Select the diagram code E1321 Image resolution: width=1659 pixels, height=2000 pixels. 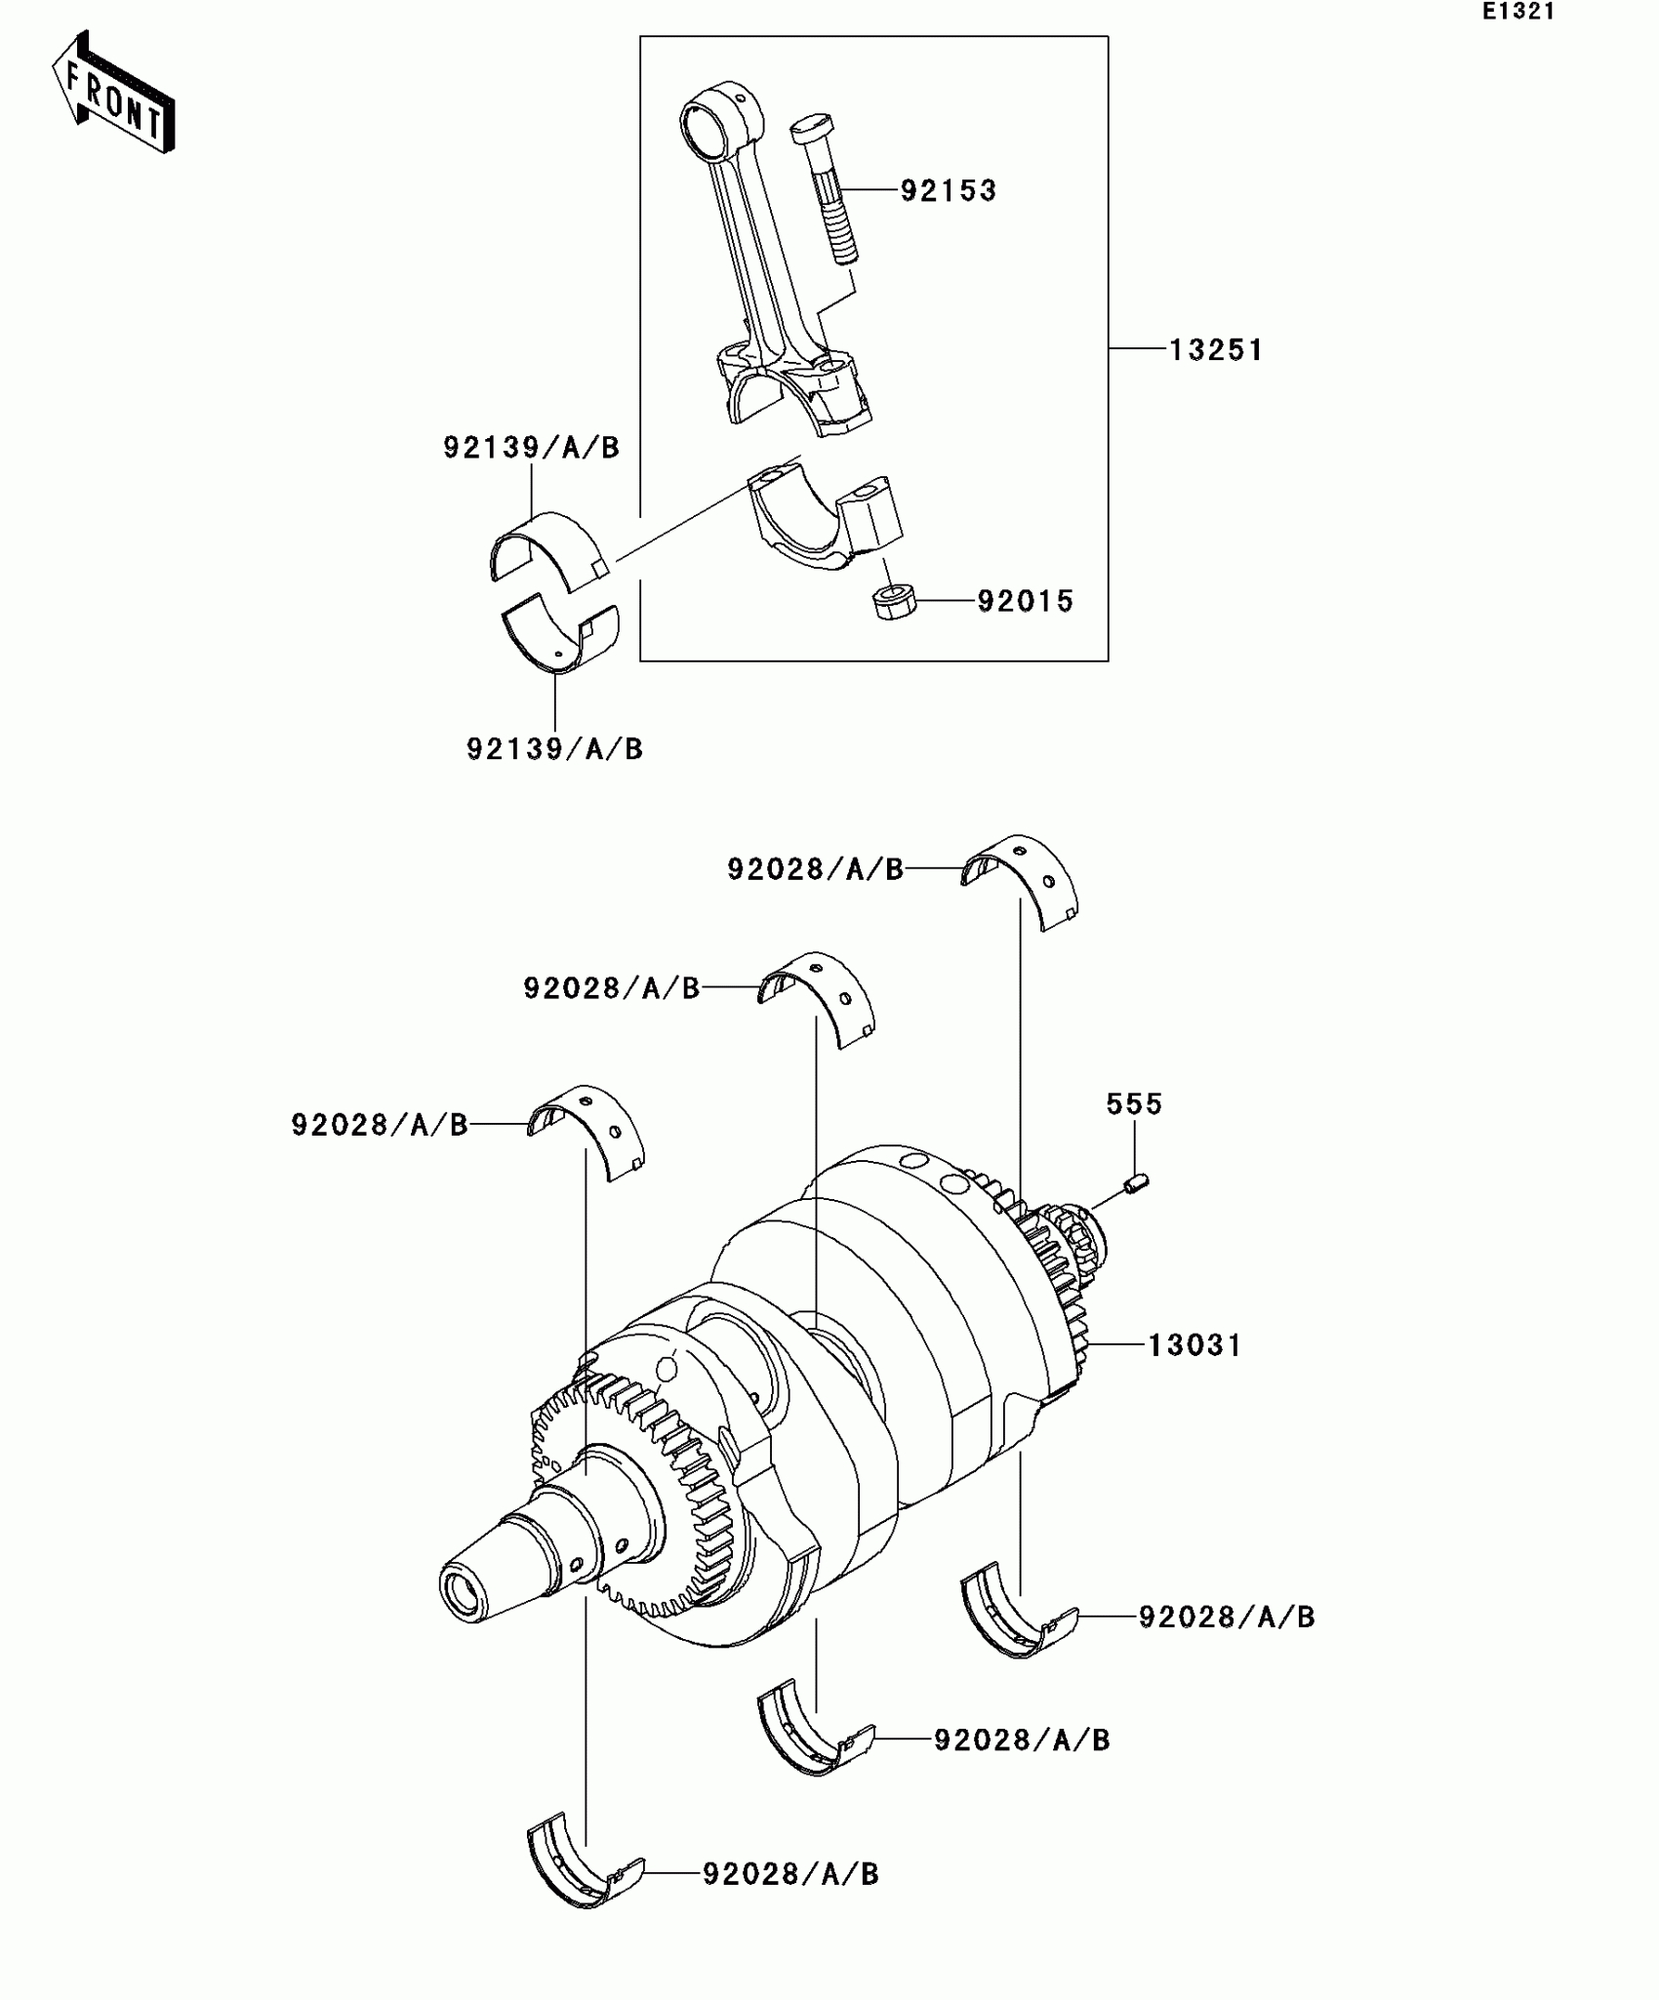(x=1517, y=13)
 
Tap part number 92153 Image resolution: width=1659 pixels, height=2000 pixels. (x=948, y=190)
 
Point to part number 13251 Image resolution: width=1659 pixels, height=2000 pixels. (x=1215, y=349)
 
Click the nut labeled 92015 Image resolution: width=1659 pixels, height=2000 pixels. (x=894, y=602)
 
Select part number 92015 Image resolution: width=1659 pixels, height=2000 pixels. (x=1025, y=601)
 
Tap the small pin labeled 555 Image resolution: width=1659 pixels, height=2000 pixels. (x=1136, y=1184)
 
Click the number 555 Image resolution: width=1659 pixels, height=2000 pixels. (x=1134, y=1104)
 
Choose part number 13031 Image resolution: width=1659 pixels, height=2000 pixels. (x=1194, y=1345)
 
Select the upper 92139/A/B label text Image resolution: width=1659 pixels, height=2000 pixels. (x=531, y=448)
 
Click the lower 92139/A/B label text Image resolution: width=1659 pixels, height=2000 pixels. (x=554, y=749)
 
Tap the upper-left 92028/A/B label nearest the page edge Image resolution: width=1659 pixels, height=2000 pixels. (x=380, y=1125)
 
